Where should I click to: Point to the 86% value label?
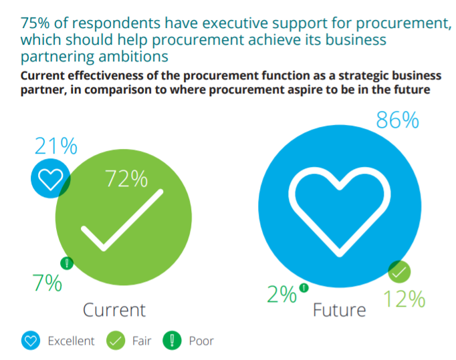tap(397, 121)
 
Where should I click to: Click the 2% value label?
tap(282, 295)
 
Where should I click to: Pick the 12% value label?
tap(404, 299)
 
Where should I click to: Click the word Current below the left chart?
tap(114, 310)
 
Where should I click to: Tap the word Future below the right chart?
tap(340, 311)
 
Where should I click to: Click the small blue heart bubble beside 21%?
tap(50, 179)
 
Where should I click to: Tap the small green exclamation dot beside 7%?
tap(66, 263)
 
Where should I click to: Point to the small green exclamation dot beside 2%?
tap(304, 288)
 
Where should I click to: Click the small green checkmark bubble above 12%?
tap(399, 272)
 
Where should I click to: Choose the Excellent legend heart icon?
tap(29, 341)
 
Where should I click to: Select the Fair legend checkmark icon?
tap(116, 341)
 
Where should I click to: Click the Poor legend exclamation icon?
tap(173, 341)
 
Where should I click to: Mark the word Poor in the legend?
tap(201, 341)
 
